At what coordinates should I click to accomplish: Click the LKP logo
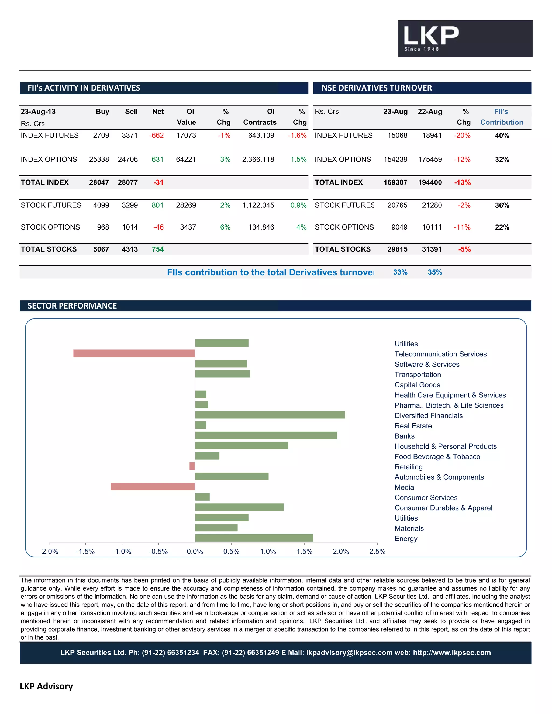pyautogui.click(x=464, y=39)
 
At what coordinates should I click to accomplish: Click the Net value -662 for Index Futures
pyautogui.click(x=156, y=135)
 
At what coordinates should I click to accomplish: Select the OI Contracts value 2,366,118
pyautogui.click(x=258, y=160)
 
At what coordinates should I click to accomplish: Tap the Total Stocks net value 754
pyautogui.click(x=157, y=249)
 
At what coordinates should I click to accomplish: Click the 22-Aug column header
pyautogui.click(x=430, y=112)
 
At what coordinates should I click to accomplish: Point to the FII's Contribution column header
pyautogui.click(x=501, y=117)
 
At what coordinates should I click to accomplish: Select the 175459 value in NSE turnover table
pyautogui.click(x=430, y=160)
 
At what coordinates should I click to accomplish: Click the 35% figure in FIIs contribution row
pyautogui.click(x=434, y=272)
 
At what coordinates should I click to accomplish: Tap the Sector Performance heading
pyautogui.click(x=72, y=306)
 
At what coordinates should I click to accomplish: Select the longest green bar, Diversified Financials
pyautogui.click(x=270, y=415)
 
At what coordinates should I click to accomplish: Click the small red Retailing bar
pyautogui.click(x=192, y=466)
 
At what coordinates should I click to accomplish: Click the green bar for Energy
pyautogui.click(x=254, y=538)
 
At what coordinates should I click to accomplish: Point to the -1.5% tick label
pyautogui.click(x=85, y=552)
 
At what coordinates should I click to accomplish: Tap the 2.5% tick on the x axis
pyautogui.click(x=377, y=552)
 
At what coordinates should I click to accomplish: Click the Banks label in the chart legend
pyautogui.click(x=404, y=436)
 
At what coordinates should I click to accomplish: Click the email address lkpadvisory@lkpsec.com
pyautogui.click(x=349, y=653)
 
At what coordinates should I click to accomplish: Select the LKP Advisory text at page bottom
pyautogui.click(x=46, y=686)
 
